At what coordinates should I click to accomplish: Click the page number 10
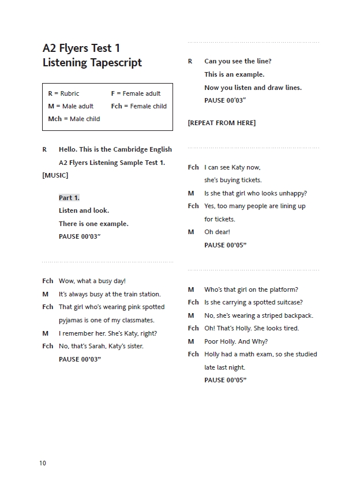pos(43,463)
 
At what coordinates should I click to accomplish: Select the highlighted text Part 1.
pos(69,198)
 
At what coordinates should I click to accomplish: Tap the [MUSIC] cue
pos(55,175)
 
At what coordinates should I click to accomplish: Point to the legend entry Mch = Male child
pos(74,119)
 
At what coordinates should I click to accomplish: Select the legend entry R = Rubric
pos(63,93)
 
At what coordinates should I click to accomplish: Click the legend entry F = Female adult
pos(136,93)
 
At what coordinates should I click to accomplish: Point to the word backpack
pos(298,315)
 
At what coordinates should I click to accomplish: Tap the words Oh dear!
pos(217,232)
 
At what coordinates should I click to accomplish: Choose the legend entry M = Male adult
pos(71,106)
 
